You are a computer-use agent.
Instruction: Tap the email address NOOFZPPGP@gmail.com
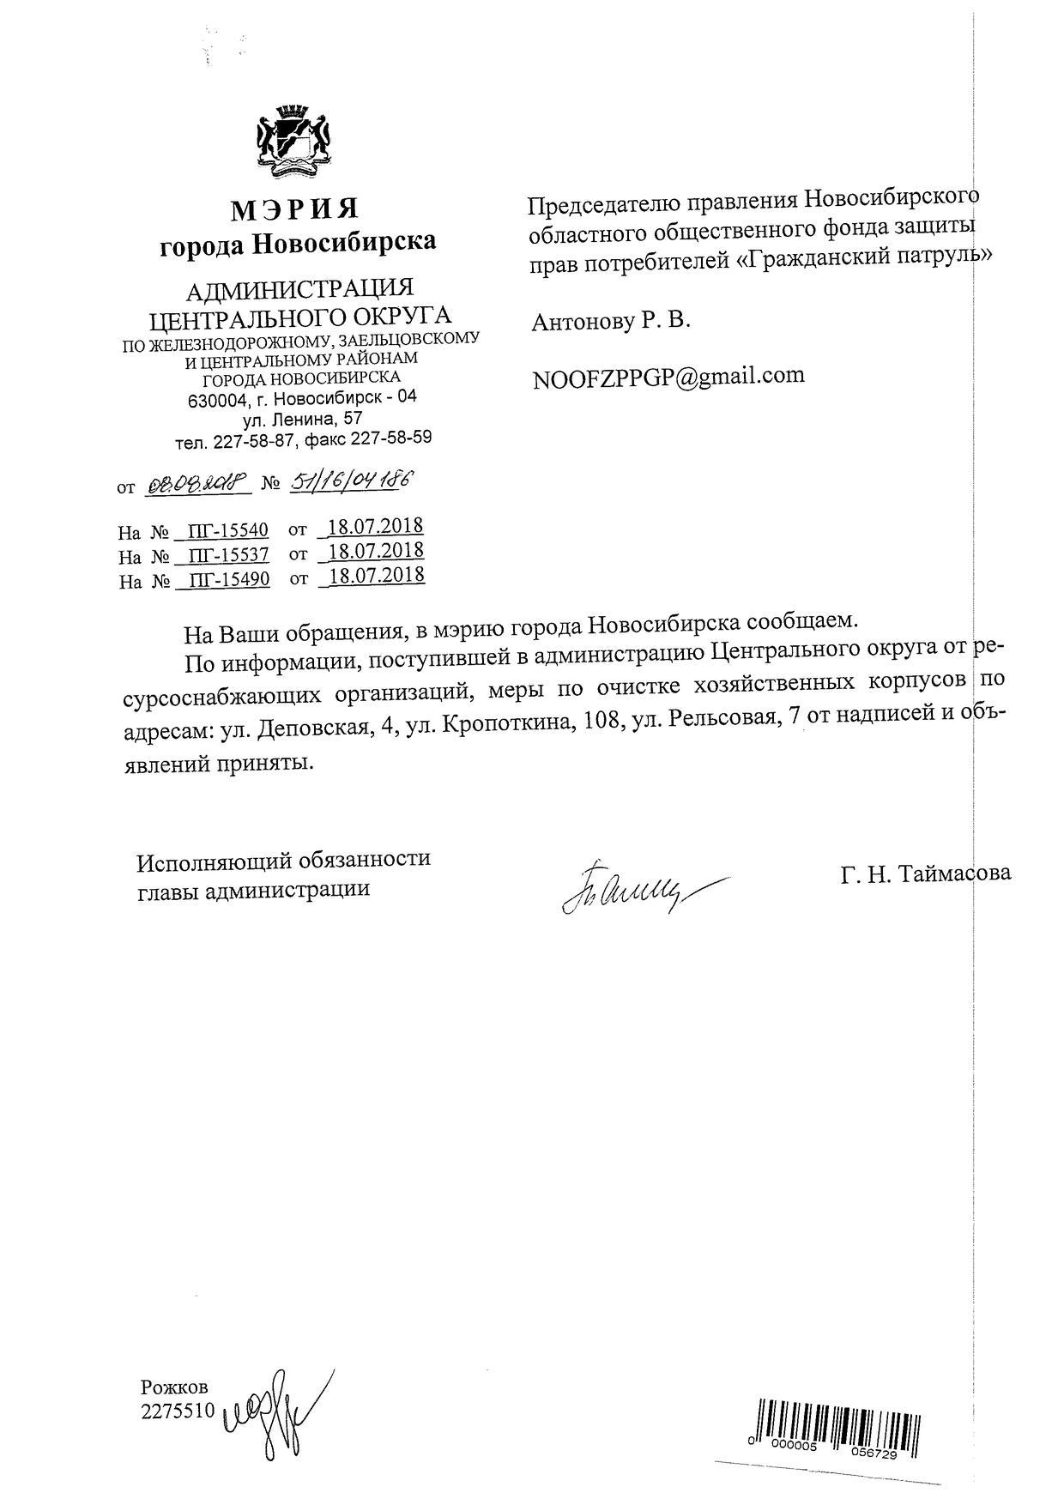click(668, 377)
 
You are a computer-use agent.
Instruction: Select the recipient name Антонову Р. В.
click(611, 322)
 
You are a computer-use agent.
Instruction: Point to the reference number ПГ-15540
click(228, 531)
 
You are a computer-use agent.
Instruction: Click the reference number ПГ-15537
click(228, 555)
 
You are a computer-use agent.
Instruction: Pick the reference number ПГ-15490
click(228, 580)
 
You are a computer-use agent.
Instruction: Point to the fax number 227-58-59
click(394, 438)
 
